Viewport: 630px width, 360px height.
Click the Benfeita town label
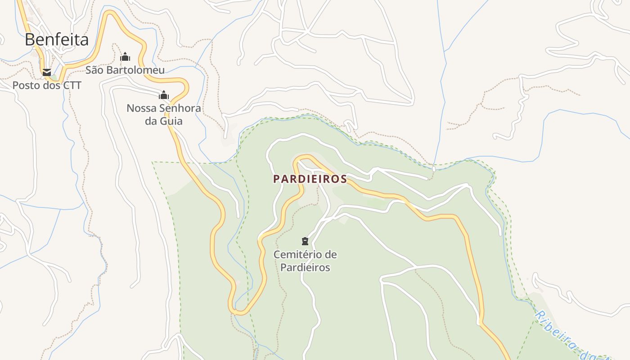click(57, 40)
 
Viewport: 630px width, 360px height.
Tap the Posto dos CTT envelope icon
click(46, 72)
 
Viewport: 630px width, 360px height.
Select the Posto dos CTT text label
click(47, 85)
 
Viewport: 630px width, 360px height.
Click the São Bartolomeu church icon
click(125, 57)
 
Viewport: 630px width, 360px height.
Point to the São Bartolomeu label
click(125, 70)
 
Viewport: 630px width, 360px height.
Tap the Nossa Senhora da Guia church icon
click(164, 95)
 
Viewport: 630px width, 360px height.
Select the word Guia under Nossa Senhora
click(173, 121)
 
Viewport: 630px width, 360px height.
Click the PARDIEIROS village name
click(310, 179)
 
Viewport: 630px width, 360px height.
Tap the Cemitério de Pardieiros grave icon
click(305, 241)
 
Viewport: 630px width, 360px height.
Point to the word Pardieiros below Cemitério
click(305, 267)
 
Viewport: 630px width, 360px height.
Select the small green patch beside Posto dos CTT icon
click(54, 77)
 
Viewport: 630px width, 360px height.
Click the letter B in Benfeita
click(30, 40)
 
